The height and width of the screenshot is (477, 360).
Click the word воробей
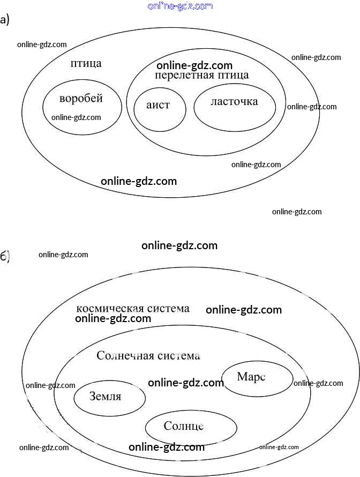click(81, 99)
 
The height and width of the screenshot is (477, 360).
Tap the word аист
click(158, 105)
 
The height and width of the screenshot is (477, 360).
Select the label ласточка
click(234, 101)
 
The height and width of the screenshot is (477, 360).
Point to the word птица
click(86, 63)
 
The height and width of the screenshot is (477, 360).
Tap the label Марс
click(251, 377)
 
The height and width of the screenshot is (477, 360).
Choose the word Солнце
click(184, 426)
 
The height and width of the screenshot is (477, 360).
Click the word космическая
click(110, 309)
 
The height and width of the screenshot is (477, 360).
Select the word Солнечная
click(123, 355)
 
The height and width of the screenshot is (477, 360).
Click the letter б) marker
click(5, 256)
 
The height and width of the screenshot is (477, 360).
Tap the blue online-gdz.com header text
click(179, 6)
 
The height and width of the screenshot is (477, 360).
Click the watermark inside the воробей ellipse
click(76, 117)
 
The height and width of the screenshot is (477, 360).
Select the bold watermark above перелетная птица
click(194, 65)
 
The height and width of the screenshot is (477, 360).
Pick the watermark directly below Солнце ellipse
click(167, 447)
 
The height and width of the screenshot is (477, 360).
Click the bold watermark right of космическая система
click(244, 310)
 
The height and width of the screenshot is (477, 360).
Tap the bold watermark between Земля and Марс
click(185, 383)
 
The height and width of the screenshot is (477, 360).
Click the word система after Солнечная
click(175, 355)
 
